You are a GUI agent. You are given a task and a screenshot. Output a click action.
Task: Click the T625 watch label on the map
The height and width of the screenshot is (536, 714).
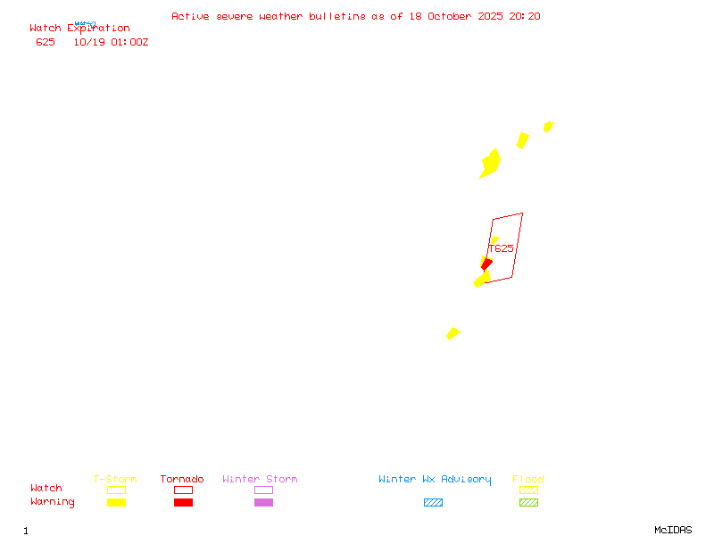pos(502,248)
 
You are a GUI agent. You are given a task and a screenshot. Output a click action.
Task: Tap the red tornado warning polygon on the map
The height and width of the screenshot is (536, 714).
pos(486,263)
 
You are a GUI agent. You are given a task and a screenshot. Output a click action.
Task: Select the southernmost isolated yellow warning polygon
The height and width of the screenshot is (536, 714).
pos(452,333)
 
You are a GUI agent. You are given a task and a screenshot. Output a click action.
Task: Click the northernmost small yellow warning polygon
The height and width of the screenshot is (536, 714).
pos(548,126)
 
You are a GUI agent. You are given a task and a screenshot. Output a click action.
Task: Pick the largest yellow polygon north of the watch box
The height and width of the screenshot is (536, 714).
pos(490,163)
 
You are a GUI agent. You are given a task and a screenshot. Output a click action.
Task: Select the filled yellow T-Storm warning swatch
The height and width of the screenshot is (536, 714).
pos(116,502)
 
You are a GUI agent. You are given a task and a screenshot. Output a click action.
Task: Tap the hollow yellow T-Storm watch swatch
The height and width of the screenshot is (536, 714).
pos(116,490)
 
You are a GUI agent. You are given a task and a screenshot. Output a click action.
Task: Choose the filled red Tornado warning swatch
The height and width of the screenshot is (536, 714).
pos(183,502)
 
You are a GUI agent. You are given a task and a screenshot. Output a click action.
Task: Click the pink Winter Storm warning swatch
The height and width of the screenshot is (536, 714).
pos(263,502)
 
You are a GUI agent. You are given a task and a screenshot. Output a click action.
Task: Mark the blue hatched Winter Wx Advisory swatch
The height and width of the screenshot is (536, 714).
pos(433,502)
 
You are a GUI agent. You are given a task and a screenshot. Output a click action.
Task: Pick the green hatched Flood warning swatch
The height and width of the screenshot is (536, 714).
pos(528,502)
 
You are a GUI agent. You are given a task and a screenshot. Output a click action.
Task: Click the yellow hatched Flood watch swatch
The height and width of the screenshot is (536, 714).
pos(528,490)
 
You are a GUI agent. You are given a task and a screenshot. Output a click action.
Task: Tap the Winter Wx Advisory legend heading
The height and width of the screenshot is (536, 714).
pos(435,480)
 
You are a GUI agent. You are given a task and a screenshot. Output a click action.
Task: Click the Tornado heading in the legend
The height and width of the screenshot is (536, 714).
pos(182,480)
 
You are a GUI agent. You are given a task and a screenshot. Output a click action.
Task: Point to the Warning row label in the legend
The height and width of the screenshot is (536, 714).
pos(53,502)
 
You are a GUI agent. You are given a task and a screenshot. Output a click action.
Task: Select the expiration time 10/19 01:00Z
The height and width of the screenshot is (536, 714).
pos(111,42)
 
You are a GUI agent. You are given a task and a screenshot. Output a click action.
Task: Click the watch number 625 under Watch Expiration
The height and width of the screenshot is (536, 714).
pos(46,42)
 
